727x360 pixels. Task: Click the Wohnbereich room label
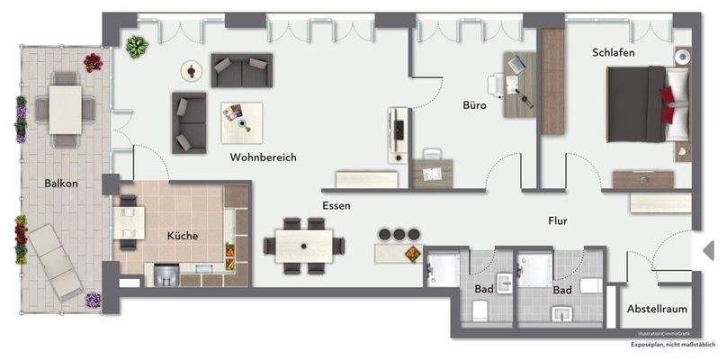[263, 157]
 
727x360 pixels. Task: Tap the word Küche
[183, 236]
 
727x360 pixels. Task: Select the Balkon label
[61, 184]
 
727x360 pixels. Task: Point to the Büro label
[475, 105]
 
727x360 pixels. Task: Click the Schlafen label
[614, 53]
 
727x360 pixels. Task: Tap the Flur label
[561, 219]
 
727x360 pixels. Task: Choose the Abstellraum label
[657, 309]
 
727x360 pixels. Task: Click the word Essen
[337, 205]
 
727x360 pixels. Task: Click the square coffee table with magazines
[241, 121]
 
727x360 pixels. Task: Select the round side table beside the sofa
[192, 70]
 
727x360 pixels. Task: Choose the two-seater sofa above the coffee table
[241, 66]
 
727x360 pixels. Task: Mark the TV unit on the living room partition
[398, 135]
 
